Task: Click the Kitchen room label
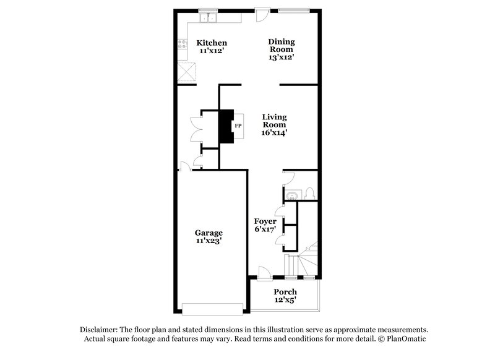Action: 212,43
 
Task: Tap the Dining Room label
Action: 282,42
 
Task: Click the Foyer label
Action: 265,221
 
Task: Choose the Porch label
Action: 285,292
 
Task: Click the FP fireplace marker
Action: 237,126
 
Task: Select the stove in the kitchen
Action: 183,45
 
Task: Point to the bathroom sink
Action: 291,196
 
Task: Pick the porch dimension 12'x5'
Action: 285,301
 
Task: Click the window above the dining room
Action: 293,10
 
